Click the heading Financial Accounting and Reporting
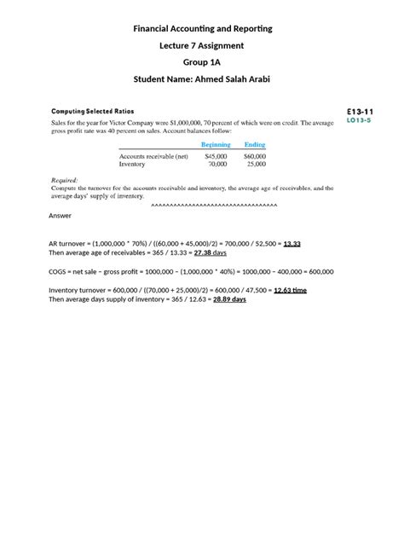(202, 29)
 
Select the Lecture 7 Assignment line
(202, 45)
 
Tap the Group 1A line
(202, 62)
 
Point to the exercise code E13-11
(360, 111)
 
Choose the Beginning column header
(215, 145)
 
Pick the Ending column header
(255, 145)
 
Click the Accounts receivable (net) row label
(154, 157)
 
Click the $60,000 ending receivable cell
(254, 157)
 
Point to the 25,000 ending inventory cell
(256, 165)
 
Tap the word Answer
(61, 216)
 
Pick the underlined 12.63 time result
(290, 290)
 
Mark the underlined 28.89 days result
(228, 299)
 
